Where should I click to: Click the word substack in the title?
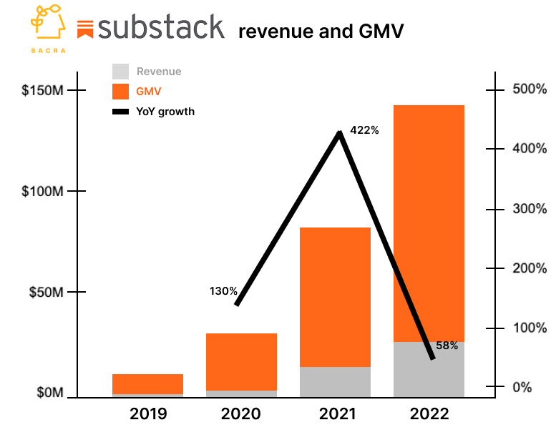(161, 28)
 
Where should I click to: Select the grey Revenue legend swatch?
(121, 72)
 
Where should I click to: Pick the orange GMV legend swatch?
(121, 92)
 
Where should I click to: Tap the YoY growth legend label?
(165, 112)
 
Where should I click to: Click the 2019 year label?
(148, 414)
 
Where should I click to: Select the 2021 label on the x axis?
(335, 414)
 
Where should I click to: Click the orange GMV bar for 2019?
(147, 384)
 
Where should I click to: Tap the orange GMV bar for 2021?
(335, 297)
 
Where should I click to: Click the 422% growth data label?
(364, 131)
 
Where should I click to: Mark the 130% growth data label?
(223, 291)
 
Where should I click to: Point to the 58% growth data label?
(447, 346)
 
